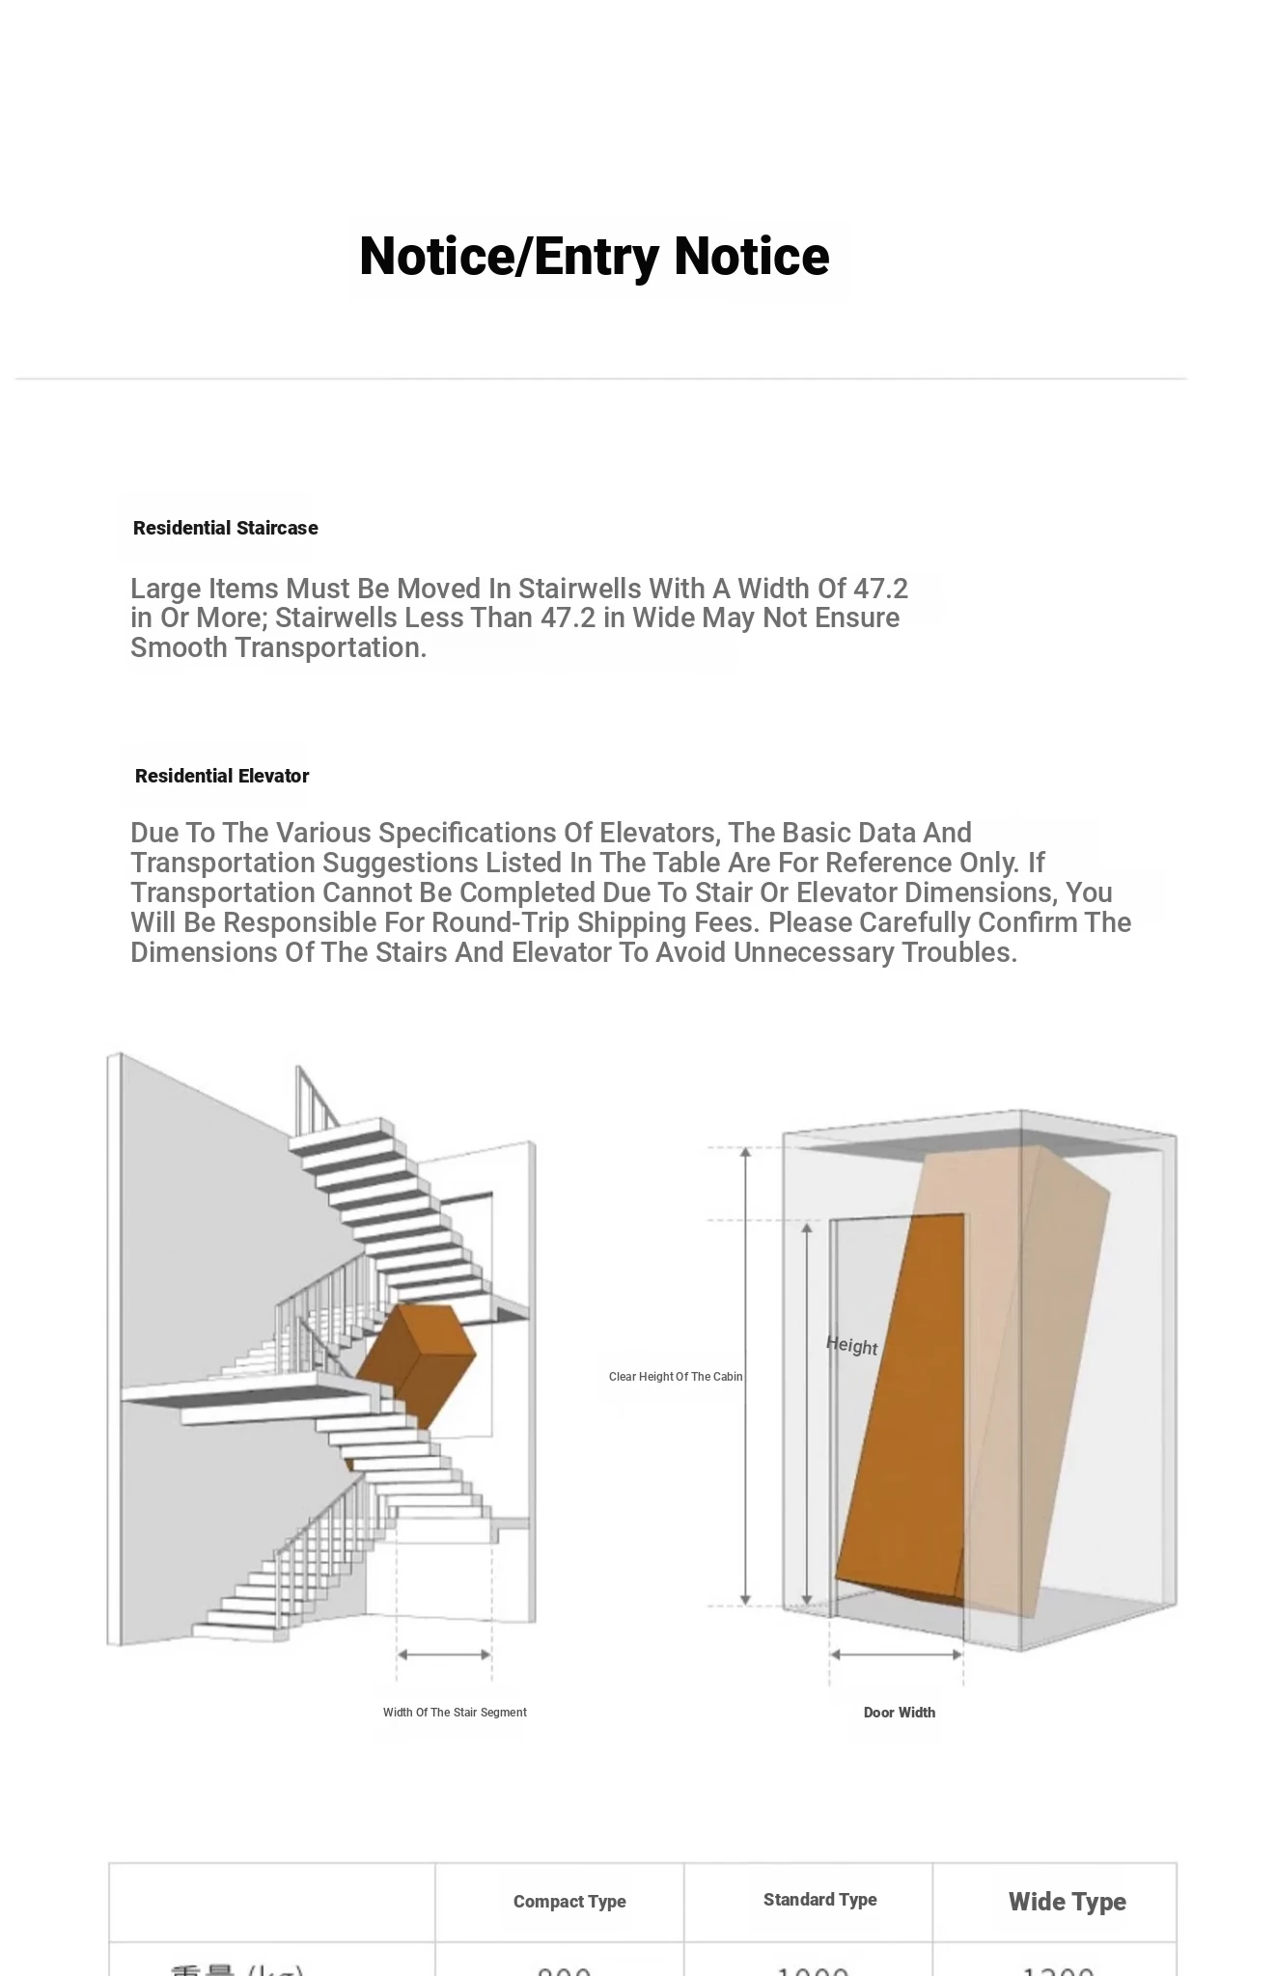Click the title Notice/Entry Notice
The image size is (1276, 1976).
594,257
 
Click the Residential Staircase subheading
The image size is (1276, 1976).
225,528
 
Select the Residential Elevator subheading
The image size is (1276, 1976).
222,776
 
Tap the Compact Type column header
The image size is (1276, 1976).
569,1902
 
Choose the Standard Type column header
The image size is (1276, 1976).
819,1900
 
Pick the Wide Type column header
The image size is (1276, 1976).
1067,1902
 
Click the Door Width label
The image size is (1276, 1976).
899,1713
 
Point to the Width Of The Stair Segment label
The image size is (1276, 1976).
455,1713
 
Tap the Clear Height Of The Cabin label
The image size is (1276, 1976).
676,1377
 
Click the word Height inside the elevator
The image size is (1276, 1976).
851,1346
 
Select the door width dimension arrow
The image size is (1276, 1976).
897,1655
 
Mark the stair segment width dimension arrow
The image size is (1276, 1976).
444,1655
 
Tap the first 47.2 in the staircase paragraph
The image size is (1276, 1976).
880,589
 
